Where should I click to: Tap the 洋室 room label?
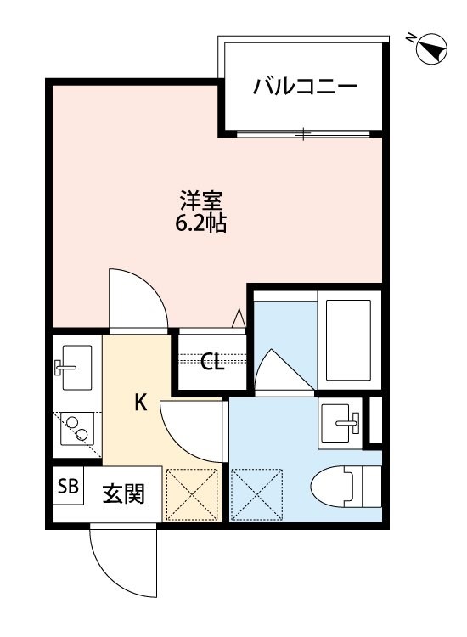click(x=201, y=202)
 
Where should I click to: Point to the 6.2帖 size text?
click(x=201, y=225)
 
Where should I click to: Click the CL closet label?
click(x=212, y=363)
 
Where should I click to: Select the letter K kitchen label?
click(x=141, y=403)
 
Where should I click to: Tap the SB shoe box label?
click(x=67, y=488)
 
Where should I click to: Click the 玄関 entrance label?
click(x=121, y=493)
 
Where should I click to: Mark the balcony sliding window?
click(x=302, y=133)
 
